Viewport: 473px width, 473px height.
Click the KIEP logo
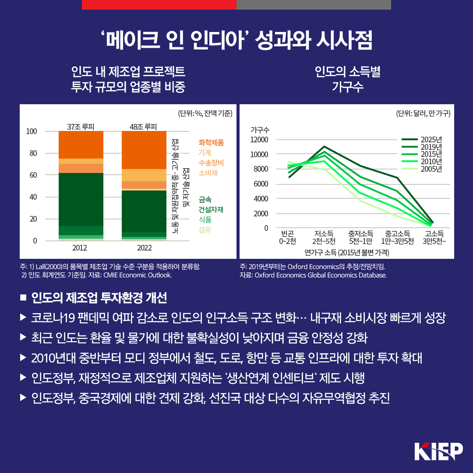[438, 452]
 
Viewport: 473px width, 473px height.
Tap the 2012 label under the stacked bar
[79, 248]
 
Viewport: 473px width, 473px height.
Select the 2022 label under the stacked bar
[144, 248]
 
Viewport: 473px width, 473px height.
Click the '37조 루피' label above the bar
[81, 127]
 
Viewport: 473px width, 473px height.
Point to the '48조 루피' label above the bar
[143, 127]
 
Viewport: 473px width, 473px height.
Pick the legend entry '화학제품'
[211, 142]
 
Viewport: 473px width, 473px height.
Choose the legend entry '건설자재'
[211, 209]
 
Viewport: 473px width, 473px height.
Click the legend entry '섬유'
[205, 230]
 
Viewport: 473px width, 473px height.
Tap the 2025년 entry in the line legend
[431, 140]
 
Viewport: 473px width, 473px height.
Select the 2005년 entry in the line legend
[431, 169]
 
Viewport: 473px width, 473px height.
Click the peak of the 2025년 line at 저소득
[324, 146]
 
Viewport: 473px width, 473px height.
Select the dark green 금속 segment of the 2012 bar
[81, 199]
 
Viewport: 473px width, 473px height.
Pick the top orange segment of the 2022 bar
[144, 150]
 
